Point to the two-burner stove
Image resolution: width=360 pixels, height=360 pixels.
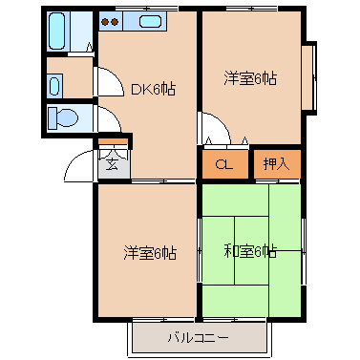[x=110, y=20]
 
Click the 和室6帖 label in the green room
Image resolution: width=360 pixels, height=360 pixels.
[x=251, y=252]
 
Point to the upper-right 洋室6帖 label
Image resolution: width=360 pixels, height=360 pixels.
[x=251, y=79]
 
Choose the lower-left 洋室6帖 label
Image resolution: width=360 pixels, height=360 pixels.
[x=150, y=252]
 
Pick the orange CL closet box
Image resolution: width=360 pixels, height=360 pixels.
[x=224, y=164]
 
